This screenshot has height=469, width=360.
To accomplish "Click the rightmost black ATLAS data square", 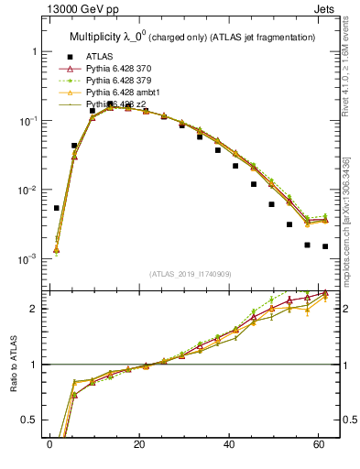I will (325, 246).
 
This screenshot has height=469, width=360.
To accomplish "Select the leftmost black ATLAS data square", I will (57, 208).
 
